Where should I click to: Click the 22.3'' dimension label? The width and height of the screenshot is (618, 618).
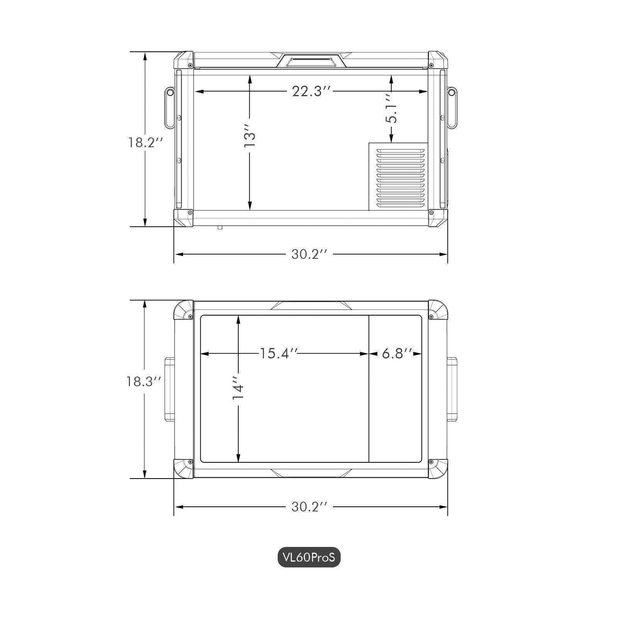(311, 92)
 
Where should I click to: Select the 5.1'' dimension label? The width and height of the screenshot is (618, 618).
(391, 109)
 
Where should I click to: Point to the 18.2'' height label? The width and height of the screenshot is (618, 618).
(146, 142)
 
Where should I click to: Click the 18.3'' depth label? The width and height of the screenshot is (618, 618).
(143, 381)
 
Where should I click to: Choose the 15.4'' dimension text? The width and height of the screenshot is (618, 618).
(279, 353)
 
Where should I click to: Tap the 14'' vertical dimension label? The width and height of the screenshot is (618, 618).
(238, 387)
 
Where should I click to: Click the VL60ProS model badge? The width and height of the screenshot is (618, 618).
(309, 566)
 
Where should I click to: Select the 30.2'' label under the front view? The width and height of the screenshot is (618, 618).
(309, 254)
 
